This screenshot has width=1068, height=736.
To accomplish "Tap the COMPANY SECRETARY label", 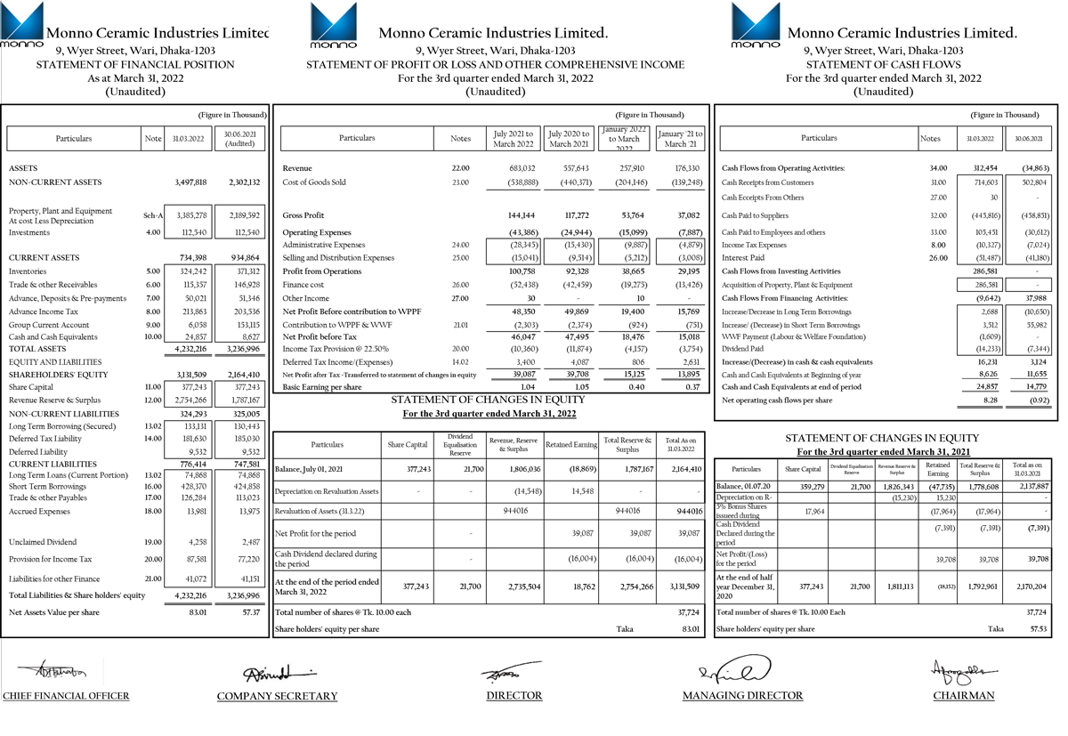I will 277,696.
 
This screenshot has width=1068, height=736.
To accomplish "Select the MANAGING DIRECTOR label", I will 742,695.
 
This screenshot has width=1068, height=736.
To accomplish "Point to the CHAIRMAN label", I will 964,695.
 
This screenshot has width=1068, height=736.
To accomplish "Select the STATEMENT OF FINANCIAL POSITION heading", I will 135,65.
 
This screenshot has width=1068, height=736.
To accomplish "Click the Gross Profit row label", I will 303,215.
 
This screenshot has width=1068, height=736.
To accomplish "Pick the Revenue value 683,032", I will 521,168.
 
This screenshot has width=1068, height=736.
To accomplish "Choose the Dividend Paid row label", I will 746,350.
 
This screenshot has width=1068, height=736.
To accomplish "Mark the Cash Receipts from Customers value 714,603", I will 982,182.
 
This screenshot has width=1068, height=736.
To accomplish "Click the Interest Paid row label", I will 743,258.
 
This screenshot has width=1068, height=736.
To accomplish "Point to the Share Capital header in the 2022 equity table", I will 408,444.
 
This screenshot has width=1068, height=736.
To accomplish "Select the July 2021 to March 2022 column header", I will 514,138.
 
